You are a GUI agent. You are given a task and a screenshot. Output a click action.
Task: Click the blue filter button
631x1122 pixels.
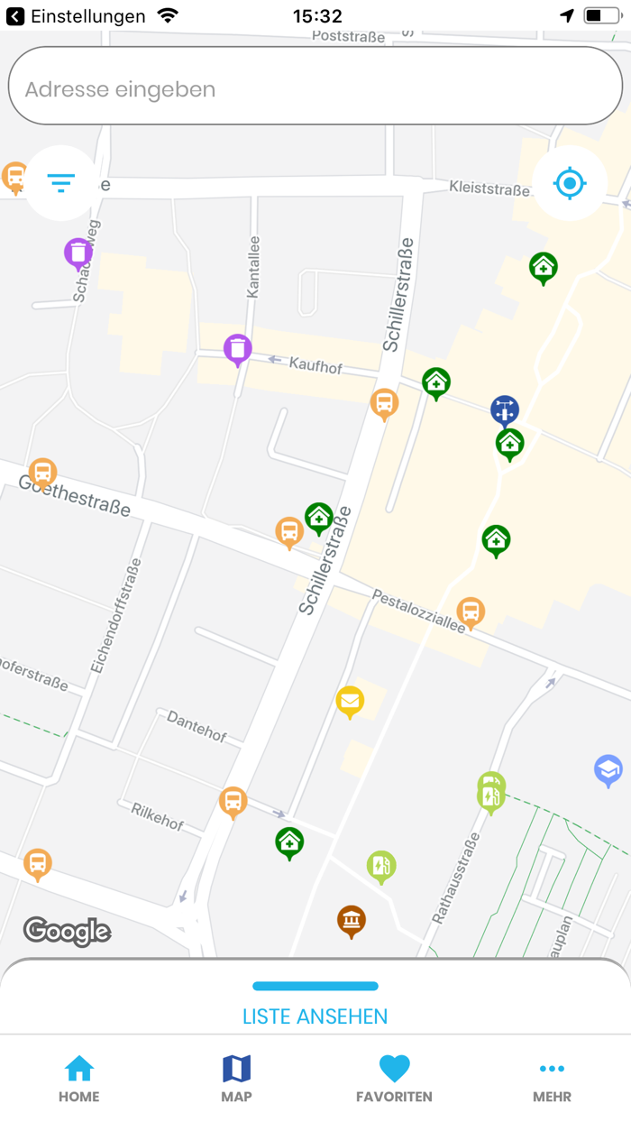(x=61, y=183)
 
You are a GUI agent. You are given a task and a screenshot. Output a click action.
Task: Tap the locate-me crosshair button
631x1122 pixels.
(x=570, y=183)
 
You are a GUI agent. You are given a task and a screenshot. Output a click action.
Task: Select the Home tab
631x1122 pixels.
(x=79, y=1079)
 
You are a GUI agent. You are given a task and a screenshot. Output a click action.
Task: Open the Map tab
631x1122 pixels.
(x=236, y=1079)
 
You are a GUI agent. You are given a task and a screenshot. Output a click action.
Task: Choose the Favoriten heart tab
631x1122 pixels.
(x=394, y=1079)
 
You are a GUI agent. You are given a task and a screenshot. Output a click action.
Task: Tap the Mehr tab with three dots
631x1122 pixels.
(x=552, y=1079)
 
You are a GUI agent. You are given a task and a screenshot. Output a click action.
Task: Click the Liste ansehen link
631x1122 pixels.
(x=315, y=1016)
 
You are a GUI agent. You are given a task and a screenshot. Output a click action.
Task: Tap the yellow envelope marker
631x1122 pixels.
(x=350, y=700)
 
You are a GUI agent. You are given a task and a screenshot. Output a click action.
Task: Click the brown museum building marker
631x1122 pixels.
(x=352, y=920)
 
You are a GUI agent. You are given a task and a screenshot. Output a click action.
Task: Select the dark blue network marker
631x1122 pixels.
(x=505, y=409)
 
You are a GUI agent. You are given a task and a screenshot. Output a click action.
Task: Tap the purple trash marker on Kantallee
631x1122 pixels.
(x=237, y=348)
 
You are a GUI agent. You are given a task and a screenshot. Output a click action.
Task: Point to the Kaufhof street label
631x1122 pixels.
(x=315, y=365)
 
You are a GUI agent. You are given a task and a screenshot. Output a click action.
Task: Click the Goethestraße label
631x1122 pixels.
(x=74, y=495)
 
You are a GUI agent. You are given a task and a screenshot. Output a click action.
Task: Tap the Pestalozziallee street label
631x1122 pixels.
(x=418, y=612)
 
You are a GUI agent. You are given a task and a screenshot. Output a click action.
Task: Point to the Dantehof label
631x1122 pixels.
(x=197, y=726)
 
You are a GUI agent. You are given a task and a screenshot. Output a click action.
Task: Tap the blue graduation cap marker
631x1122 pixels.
(x=608, y=769)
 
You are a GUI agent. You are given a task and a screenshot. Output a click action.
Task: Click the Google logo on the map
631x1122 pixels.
(x=67, y=931)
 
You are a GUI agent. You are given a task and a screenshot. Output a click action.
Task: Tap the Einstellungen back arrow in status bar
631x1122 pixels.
(x=15, y=16)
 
